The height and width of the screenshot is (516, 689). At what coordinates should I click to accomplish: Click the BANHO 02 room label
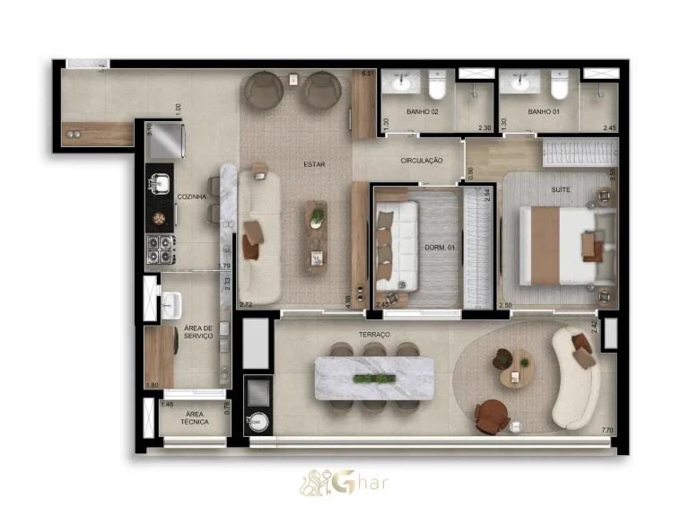[x=422, y=112]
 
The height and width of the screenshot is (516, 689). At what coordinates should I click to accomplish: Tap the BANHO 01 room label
[x=544, y=112]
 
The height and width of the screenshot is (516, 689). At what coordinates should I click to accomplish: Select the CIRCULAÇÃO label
[x=422, y=161]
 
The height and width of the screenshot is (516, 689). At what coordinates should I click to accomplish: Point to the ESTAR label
[x=314, y=164]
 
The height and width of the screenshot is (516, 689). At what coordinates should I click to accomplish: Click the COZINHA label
[x=192, y=197]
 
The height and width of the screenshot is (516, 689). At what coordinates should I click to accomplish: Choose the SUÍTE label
[x=561, y=190]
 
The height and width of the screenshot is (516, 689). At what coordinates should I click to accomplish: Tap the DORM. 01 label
[x=440, y=247]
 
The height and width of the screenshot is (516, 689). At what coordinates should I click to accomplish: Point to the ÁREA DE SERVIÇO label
[x=198, y=332]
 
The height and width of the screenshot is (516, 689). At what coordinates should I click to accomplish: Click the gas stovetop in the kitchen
[x=160, y=249]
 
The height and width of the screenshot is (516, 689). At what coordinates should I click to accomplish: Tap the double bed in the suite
[x=561, y=245]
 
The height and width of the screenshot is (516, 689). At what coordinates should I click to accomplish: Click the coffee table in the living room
[x=317, y=236]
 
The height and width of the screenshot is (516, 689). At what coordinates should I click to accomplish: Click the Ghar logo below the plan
[x=344, y=482]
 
